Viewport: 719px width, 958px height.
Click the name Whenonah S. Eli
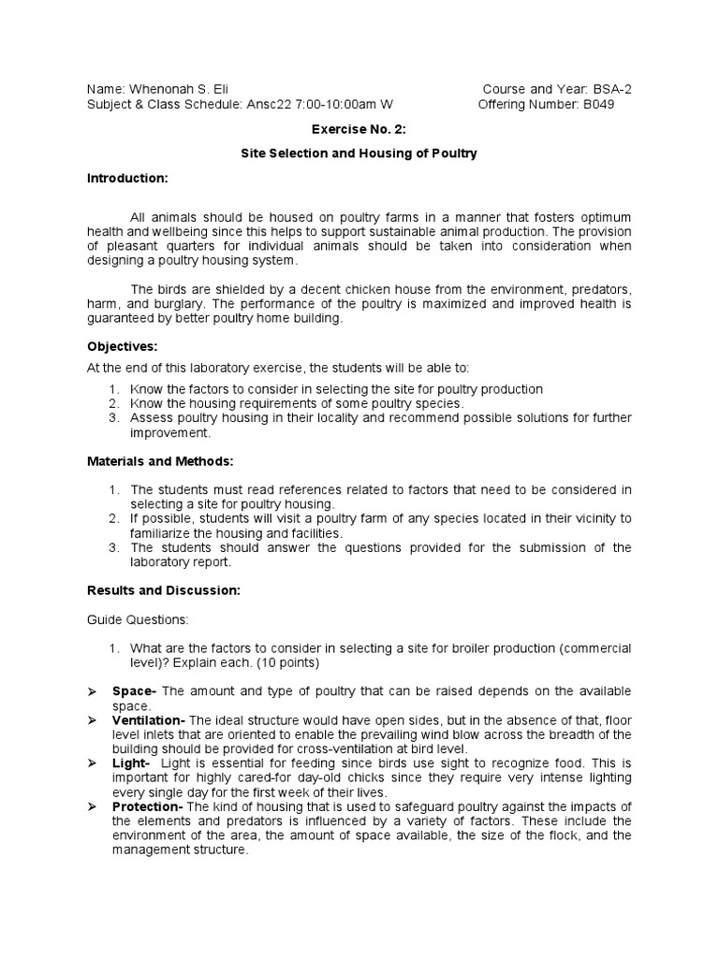tap(175, 89)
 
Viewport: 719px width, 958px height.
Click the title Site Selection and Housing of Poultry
tap(359, 153)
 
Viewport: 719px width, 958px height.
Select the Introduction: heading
tap(127, 178)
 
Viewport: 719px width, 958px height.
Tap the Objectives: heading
tap(122, 346)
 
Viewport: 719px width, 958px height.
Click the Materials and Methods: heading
tap(160, 462)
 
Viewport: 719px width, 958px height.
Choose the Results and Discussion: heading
tap(164, 590)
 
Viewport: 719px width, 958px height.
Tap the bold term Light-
tap(133, 763)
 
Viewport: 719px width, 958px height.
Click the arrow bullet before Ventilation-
tap(92, 720)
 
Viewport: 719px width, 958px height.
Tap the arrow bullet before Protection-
tap(92, 807)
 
